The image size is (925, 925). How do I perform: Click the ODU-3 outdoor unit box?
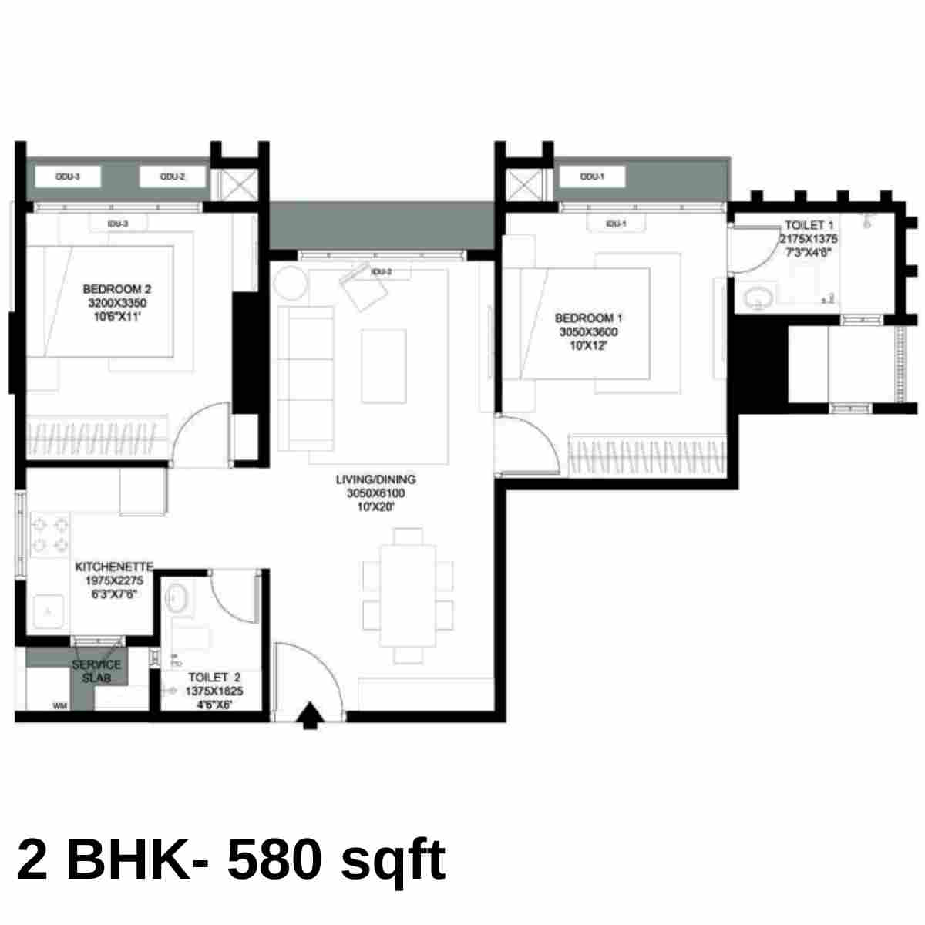pos(68,177)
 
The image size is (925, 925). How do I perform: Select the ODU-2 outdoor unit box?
pos(173,177)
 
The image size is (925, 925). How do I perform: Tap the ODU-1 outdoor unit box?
pos(591,177)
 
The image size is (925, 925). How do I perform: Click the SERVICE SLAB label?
pos(96,671)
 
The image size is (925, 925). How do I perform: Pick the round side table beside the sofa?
pos(291,282)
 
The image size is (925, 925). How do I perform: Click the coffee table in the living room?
pos(384,365)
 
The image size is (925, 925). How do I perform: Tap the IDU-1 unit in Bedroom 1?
pos(614,224)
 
